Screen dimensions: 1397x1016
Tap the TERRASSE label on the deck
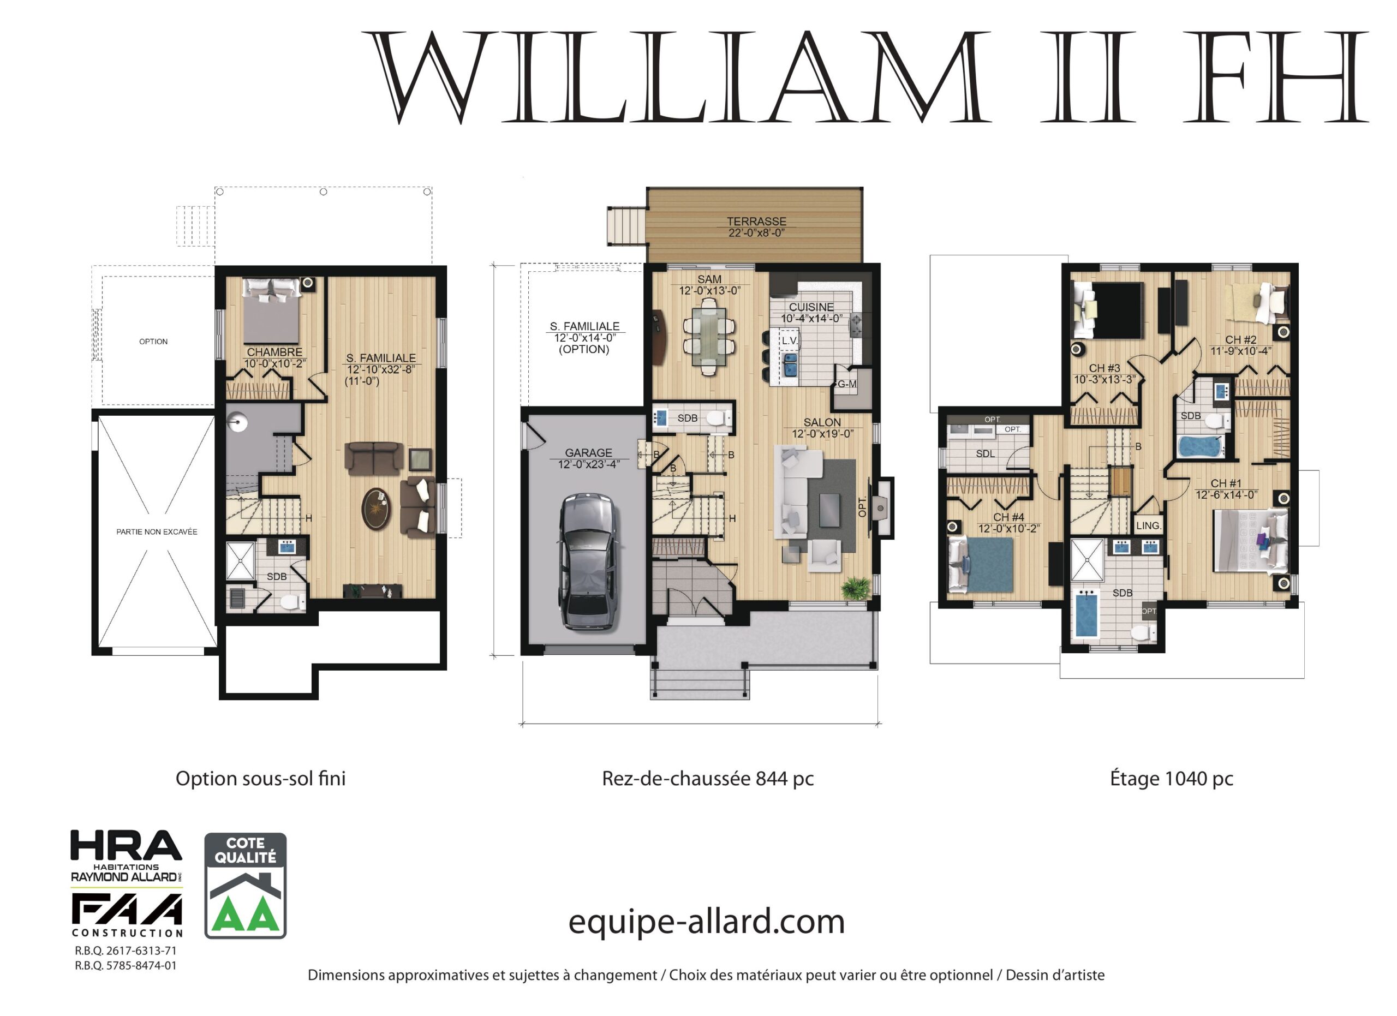(x=756, y=221)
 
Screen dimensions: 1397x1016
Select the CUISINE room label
(x=811, y=307)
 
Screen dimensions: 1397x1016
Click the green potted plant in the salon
(x=856, y=587)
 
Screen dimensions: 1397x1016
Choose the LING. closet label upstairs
(x=1148, y=525)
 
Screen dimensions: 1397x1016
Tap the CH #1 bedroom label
(x=1226, y=483)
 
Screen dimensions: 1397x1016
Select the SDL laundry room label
(x=985, y=454)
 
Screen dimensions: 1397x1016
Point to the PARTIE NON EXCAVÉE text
(x=157, y=531)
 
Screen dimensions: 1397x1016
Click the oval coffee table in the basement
(x=376, y=509)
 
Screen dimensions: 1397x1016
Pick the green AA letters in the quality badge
(x=245, y=916)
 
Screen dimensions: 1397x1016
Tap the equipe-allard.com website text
(x=706, y=922)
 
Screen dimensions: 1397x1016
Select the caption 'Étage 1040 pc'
(x=1171, y=778)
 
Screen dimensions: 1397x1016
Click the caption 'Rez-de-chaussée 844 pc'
(x=708, y=778)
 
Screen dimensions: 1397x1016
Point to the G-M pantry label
(x=847, y=384)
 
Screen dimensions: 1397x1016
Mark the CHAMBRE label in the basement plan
(x=274, y=351)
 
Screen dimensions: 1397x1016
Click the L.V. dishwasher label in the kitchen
(x=790, y=340)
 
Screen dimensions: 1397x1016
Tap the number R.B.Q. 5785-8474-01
(x=126, y=965)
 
